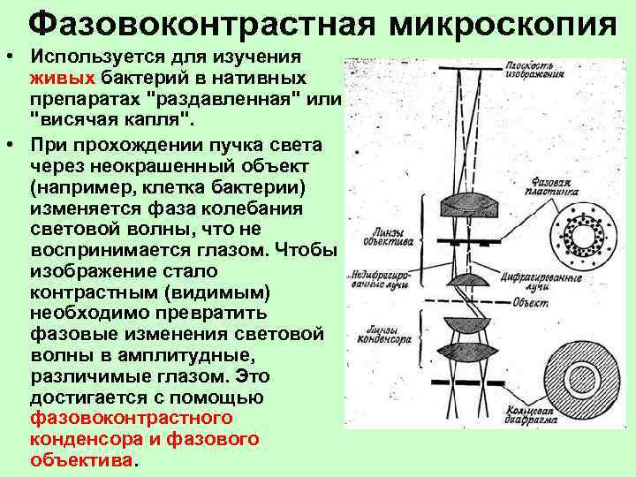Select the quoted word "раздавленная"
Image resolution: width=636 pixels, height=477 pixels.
point(233,96)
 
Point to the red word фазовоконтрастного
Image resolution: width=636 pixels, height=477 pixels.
point(131,418)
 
